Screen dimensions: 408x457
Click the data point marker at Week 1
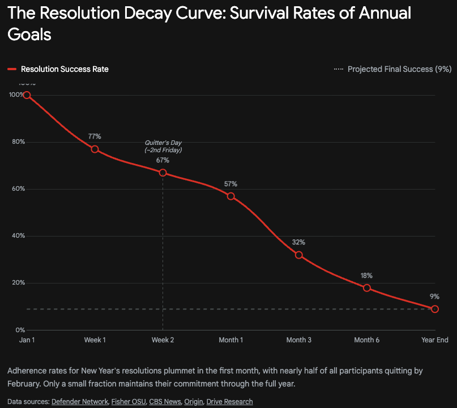95,149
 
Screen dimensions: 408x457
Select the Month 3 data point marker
298,255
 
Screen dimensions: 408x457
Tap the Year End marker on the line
434,309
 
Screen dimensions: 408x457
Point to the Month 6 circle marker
366,288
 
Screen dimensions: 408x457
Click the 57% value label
230,184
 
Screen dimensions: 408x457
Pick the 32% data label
298,242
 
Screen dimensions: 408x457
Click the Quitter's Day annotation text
163,147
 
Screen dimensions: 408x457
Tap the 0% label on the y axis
19,330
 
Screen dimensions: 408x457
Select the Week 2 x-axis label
163,340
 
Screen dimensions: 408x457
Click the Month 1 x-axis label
230,340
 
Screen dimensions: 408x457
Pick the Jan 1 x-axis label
27,340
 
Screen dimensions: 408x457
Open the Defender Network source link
80,402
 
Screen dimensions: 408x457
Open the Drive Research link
229,402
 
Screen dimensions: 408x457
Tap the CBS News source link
165,402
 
